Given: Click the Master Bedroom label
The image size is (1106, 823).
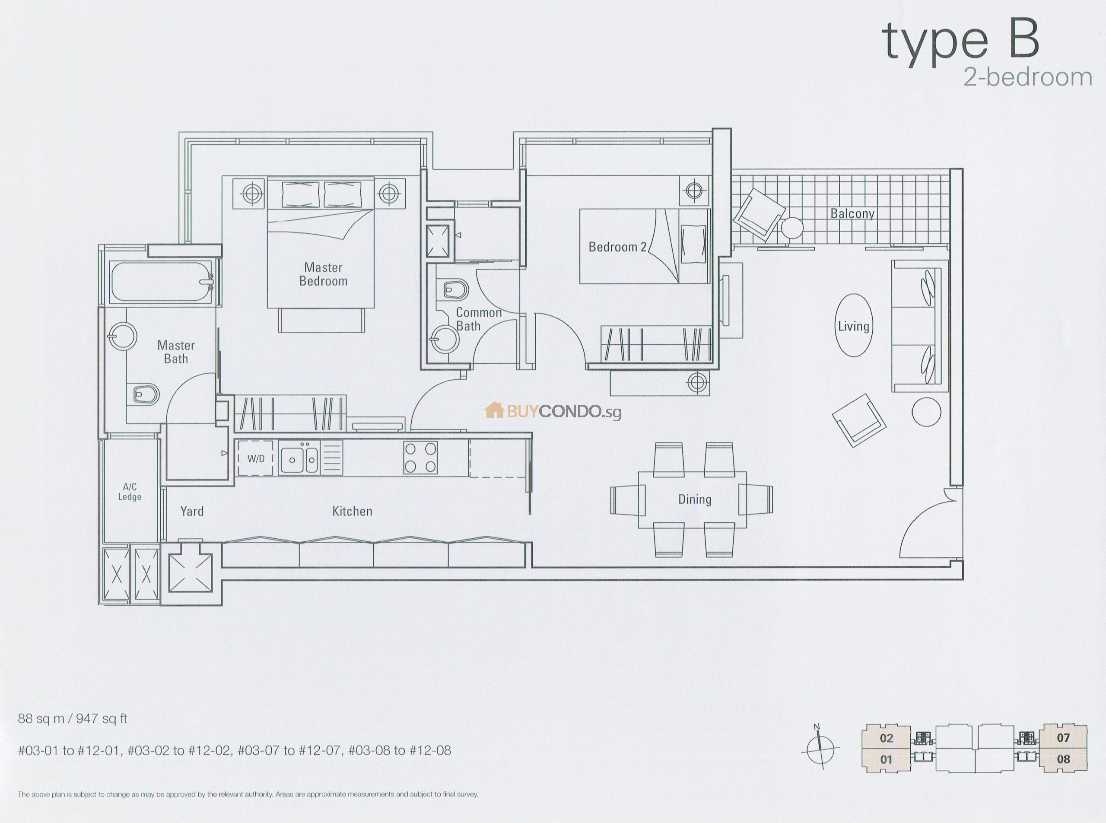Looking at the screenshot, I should (x=323, y=274).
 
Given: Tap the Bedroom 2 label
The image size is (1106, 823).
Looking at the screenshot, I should (x=617, y=247).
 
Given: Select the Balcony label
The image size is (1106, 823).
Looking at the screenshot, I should (x=852, y=214).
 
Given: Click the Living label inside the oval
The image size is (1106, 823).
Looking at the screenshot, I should (x=853, y=326).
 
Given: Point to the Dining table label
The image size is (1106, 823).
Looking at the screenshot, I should (x=694, y=499).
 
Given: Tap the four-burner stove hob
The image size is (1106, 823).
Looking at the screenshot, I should (x=421, y=458).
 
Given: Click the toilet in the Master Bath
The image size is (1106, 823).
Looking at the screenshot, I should (x=146, y=394).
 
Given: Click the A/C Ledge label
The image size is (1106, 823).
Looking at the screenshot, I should (x=130, y=492).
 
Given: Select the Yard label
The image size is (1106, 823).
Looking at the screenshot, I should (x=192, y=511).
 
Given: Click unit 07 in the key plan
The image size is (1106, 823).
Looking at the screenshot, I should (x=1063, y=738).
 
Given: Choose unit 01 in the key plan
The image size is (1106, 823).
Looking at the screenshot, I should (x=886, y=760).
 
